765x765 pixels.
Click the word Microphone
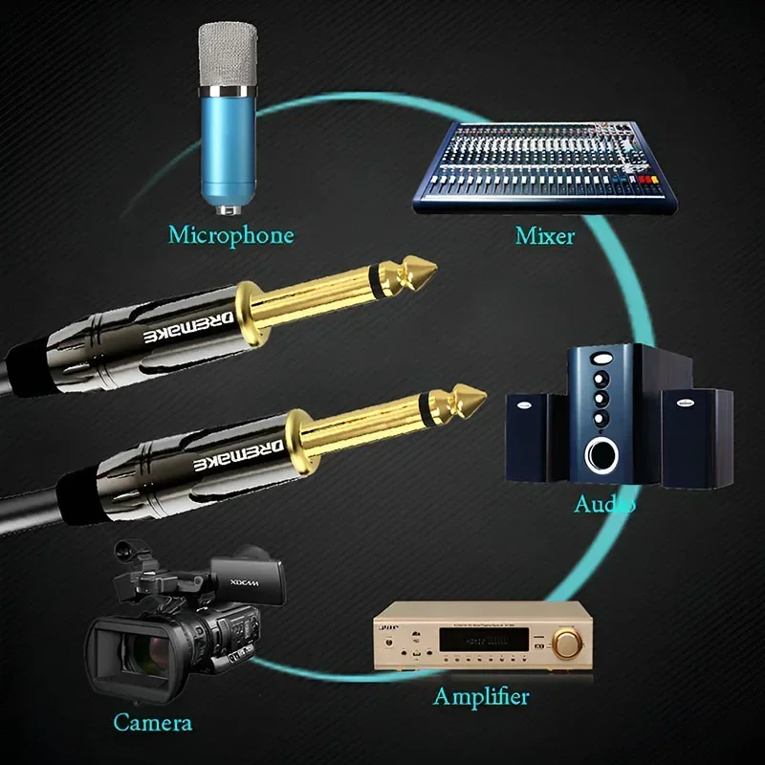tap(230, 234)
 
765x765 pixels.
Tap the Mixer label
tap(545, 234)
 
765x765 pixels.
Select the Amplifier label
tap(480, 696)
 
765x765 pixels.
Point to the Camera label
tap(152, 722)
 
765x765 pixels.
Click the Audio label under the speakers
tap(604, 504)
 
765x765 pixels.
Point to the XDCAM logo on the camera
tap(251, 581)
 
